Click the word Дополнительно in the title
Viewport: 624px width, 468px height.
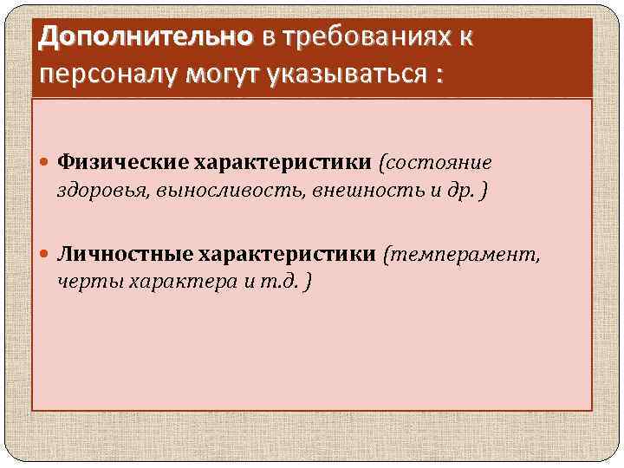pyautogui.click(x=144, y=38)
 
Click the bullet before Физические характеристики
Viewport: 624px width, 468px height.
pyautogui.click(x=45, y=161)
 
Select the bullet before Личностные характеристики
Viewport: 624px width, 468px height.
pyautogui.click(x=45, y=255)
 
